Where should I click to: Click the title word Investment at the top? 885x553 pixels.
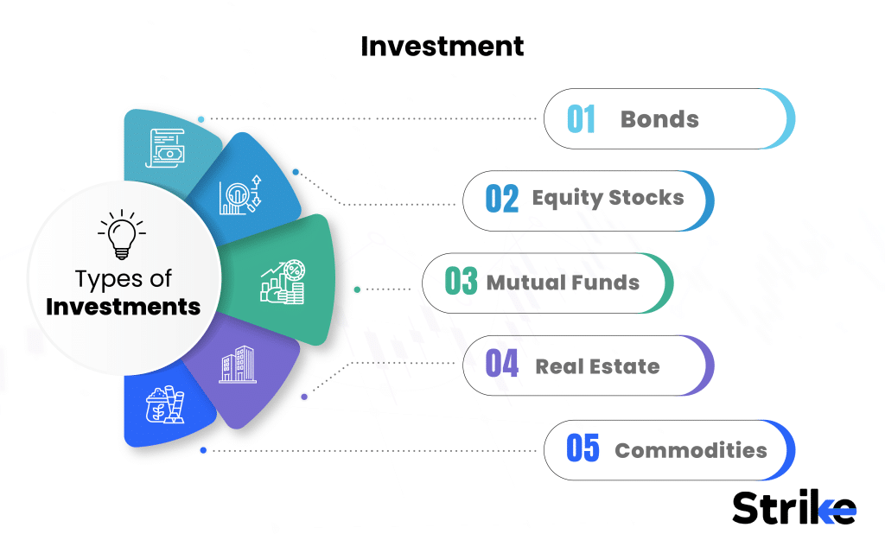point(442,46)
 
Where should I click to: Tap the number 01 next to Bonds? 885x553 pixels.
point(582,119)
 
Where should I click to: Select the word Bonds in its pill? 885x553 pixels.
point(659,119)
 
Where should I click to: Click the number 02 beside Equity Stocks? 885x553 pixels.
point(502,200)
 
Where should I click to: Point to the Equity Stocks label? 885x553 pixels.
point(608,198)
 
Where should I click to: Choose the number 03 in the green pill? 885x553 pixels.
point(461,283)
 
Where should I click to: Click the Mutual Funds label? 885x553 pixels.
point(563,283)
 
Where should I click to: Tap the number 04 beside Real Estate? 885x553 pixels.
point(502,365)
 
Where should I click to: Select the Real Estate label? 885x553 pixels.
point(597,366)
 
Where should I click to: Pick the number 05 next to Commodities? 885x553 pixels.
point(583,449)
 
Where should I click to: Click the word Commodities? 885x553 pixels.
point(691,450)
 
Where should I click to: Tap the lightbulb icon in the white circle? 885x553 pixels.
point(122,234)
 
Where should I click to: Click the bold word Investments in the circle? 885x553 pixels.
point(123,307)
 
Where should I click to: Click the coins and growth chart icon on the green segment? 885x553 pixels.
point(283,282)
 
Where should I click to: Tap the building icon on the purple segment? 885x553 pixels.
point(237,366)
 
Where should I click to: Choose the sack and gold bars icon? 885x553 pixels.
point(165,404)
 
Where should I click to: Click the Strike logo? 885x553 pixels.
point(793,508)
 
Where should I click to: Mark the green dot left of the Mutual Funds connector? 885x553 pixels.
point(357,289)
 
